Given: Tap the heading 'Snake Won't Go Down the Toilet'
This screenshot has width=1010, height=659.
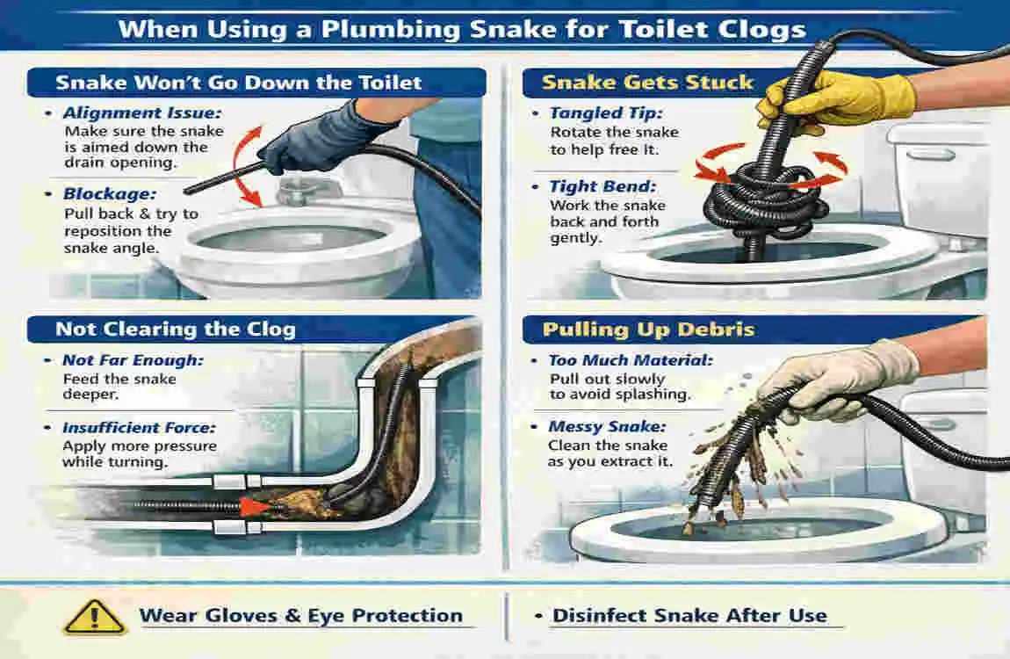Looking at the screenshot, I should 239,83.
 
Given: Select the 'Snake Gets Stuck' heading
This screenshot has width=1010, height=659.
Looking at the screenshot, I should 647,83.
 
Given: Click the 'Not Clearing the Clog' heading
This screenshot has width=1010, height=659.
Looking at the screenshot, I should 176,329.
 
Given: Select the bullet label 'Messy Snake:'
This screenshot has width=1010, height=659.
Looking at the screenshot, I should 607,427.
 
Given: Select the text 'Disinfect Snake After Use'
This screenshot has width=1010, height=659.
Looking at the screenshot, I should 689,615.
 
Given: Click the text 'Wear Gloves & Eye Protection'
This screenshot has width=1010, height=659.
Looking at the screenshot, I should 300,615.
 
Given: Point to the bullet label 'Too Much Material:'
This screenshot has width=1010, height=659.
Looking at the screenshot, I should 631,360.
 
